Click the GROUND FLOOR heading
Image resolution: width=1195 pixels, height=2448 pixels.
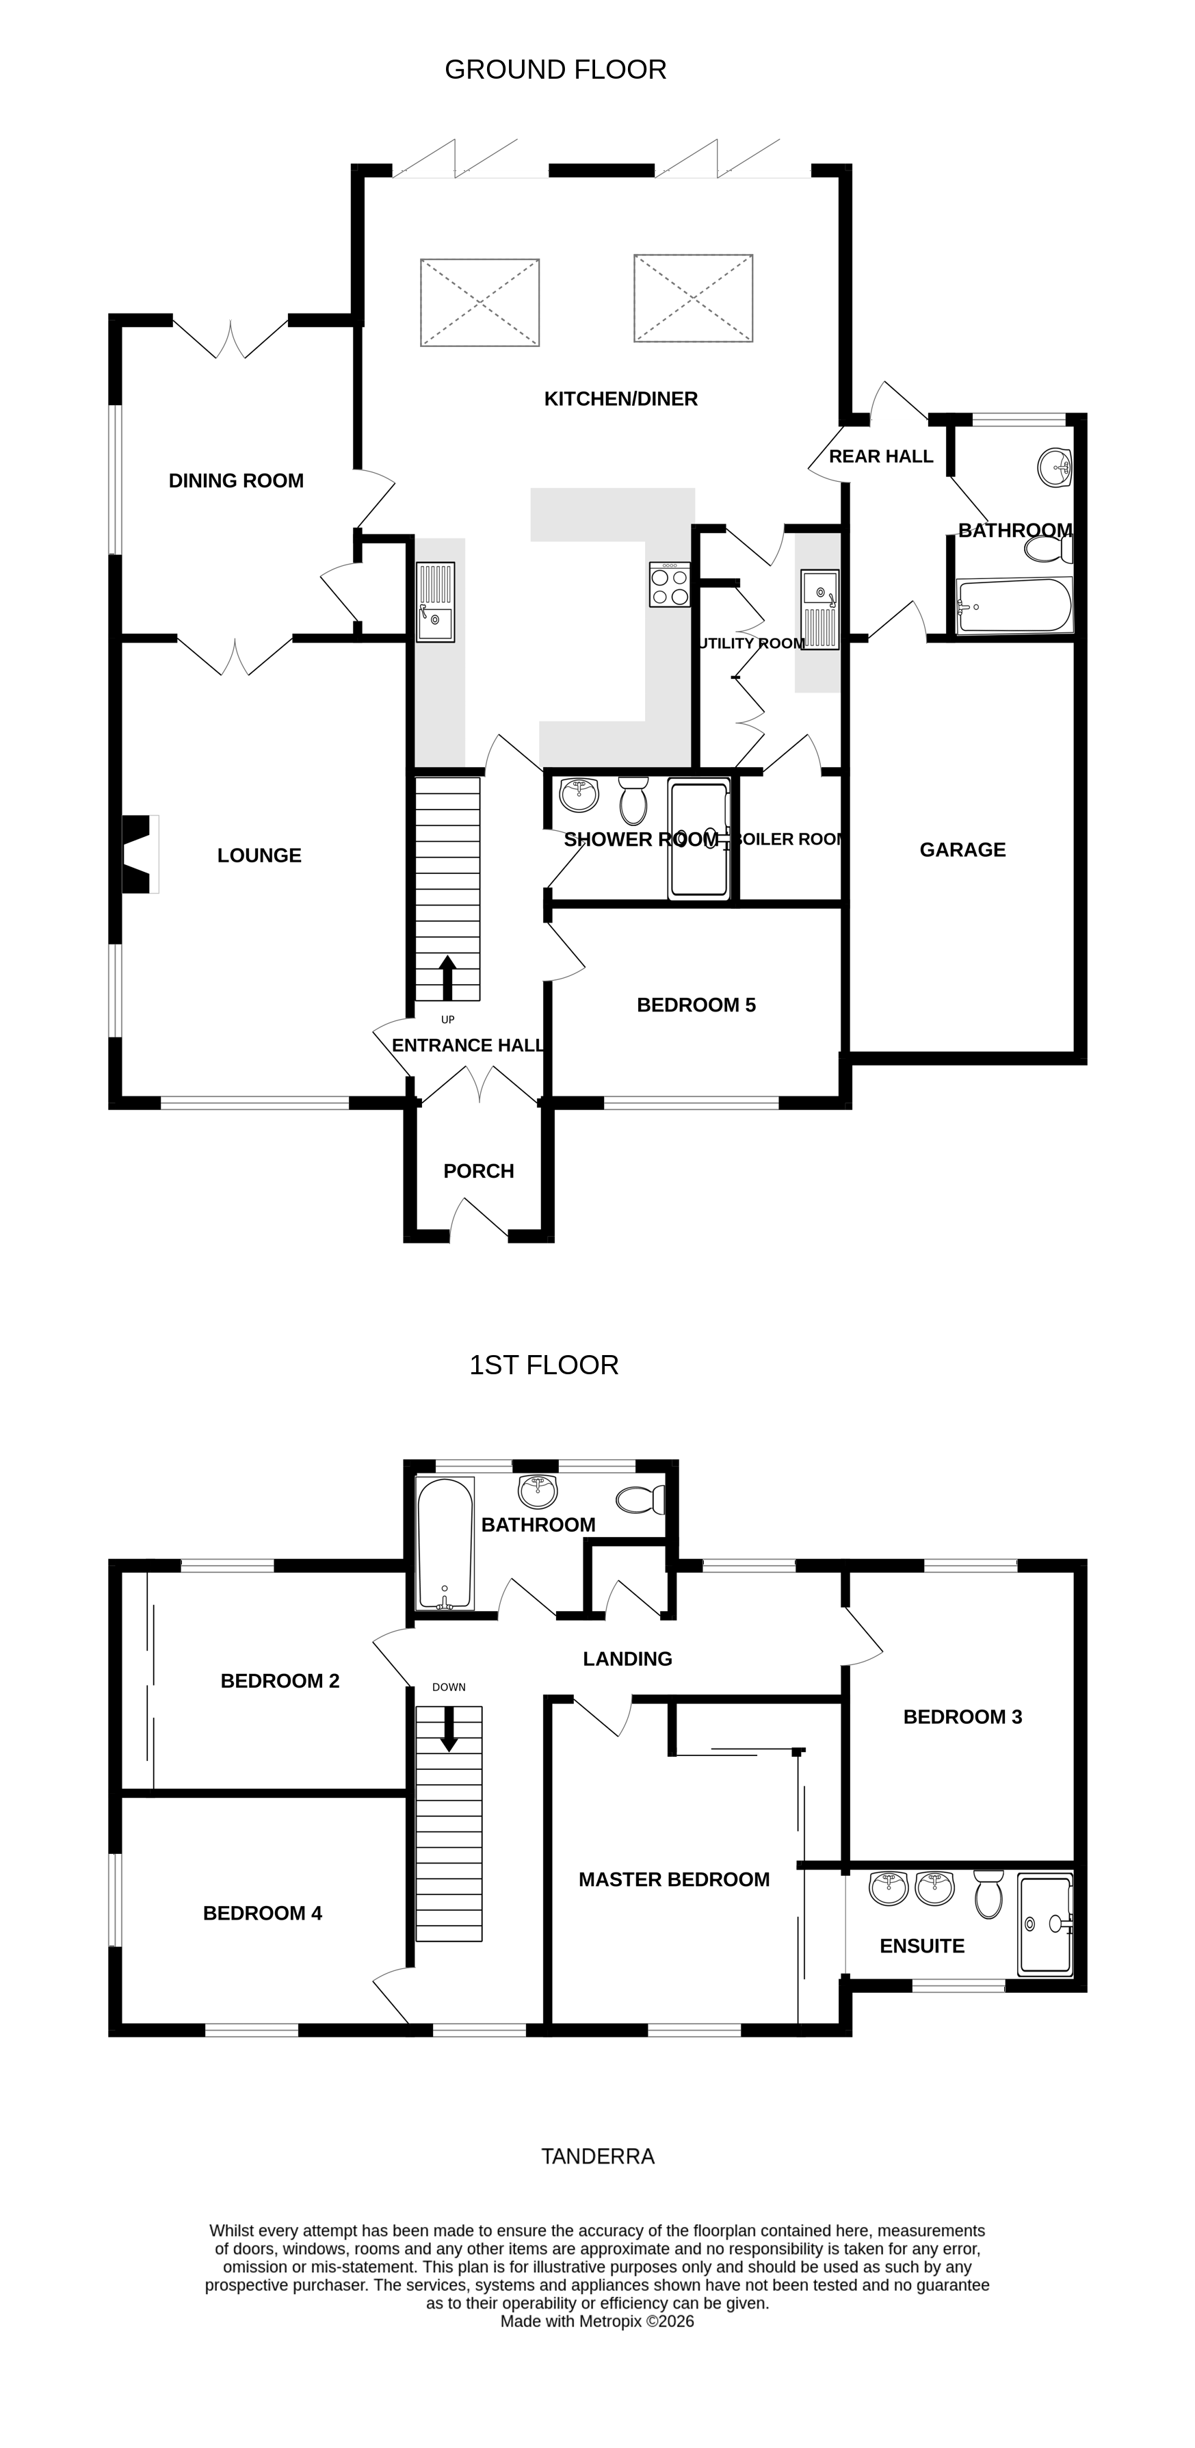555,69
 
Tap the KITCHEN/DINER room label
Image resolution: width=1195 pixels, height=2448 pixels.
620,399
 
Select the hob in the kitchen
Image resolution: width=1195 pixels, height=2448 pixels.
670,584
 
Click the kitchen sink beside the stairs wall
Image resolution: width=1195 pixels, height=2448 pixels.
436,602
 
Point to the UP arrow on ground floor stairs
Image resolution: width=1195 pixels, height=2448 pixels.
447,978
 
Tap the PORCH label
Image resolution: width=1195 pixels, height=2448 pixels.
479,1172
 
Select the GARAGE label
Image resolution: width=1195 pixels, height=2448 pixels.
962,849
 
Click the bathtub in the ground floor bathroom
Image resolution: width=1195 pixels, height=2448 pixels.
1014,606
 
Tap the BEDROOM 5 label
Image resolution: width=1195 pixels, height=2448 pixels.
696,1005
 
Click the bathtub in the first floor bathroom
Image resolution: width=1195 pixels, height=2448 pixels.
445,1543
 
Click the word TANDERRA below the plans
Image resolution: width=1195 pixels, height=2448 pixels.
598,2157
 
